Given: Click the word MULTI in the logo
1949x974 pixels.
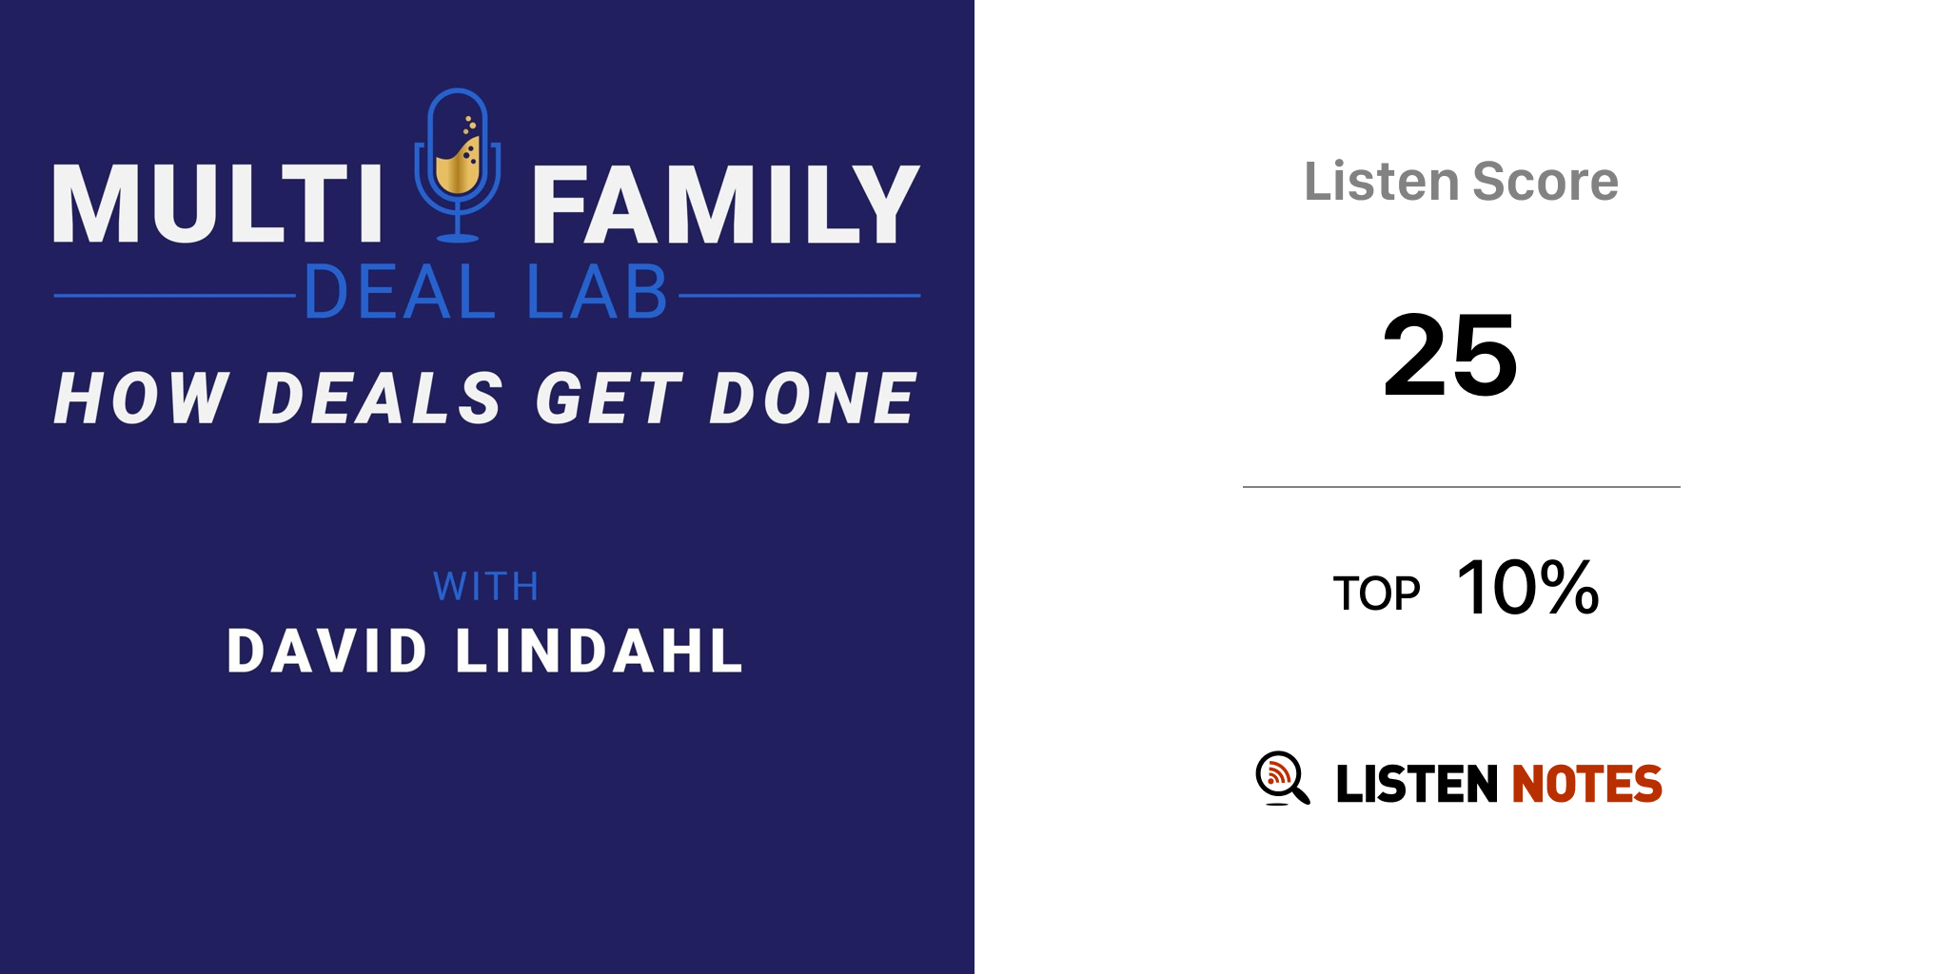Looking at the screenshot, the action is coord(218,204).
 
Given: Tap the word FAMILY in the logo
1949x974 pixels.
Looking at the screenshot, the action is coord(726,204).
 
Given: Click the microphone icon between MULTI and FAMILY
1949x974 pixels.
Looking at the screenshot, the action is coord(458,165).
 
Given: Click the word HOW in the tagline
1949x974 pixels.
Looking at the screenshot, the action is coord(142,398).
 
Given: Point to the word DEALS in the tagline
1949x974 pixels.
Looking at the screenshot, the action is coord(381,398).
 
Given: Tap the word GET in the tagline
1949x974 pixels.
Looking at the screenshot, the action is coord(609,398).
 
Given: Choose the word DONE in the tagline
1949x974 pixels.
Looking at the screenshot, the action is coord(814,398).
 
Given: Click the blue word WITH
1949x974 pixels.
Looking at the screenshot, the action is coord(486,587).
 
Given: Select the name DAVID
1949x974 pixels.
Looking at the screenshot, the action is coord(327,652).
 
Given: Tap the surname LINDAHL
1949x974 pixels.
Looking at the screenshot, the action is coord(600,652).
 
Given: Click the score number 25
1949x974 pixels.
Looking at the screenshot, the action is coord(1450,355).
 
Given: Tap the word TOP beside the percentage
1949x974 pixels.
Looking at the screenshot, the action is coord(1376,594).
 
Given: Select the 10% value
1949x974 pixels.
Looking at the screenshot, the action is coord(1528,587).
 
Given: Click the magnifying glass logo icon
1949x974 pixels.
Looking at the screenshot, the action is coord(1283,778).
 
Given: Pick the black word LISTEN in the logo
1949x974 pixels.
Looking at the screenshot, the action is coord(1417,784).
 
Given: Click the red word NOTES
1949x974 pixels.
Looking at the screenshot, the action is coord(1587,784).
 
